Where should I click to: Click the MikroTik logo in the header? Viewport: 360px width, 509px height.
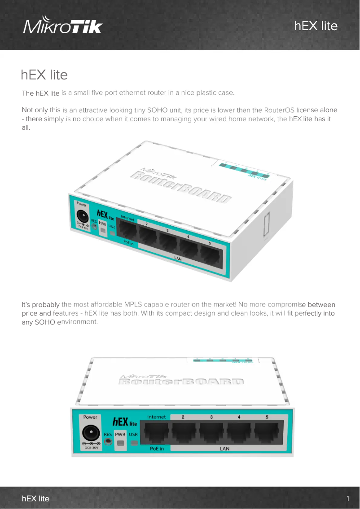[63, 26]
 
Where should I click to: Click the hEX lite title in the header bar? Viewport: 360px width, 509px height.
[316, 26]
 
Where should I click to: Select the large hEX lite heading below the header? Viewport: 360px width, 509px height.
[44, 75]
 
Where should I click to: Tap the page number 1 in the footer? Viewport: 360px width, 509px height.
[348, 499]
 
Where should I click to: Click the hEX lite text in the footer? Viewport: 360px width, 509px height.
[36, 499]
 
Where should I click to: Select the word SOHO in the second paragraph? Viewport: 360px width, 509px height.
[156, 110]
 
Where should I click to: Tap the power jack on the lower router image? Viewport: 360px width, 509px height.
[90, 433]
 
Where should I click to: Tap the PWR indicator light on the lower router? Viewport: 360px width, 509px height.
[120, 443]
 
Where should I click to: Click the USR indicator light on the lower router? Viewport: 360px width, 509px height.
[133, 443]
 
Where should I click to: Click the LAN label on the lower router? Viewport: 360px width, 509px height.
[225, 448]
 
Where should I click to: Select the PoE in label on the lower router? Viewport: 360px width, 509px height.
[157, 448]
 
